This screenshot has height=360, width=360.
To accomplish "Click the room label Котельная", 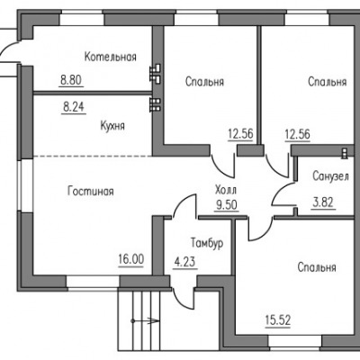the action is pyautogui.click(x=111, y=57).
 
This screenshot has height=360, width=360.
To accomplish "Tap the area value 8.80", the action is pyautogui.click(x=71, y=80).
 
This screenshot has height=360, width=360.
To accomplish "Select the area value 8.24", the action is pyautogui.click(x=74, y=107).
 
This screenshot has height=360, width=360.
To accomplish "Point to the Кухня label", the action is pyautogui.click(x=112, y=126).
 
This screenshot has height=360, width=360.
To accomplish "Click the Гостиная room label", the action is pyautogui.click(x=91, y=191).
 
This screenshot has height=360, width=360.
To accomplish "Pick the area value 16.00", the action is pyautogui.click(x=131, y=259).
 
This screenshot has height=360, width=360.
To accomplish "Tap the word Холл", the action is pyautogui.click(x=226, y=190).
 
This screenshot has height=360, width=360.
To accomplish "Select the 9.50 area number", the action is pyautogui.click(x=227, y=205).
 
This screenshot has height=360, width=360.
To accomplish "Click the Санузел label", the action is pyautogui.click(x=330, y=176).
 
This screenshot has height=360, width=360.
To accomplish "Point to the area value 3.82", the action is pyautogui.click(x=323, y=202).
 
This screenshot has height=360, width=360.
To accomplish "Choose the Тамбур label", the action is pyautogui.click(x=207, y=243).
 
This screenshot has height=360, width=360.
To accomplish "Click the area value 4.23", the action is pyautogui.click(x=184, y=262).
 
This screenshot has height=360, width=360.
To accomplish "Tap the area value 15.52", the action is pyautogui.click(x=278, y=320).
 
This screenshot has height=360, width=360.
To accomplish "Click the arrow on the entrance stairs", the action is pyautogui.click(x=145, y=321).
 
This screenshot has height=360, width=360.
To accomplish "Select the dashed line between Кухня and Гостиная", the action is pyautogui.click(x=93, y=156).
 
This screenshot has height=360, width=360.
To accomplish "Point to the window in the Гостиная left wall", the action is pyautogui.click(x=26, y=184).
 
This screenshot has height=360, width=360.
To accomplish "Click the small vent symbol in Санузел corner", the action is pyautogui.click(x=345, y=153).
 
